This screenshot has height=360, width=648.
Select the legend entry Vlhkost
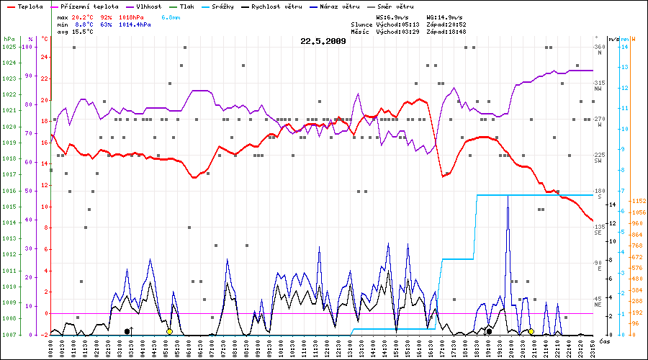click(x=148, y=6)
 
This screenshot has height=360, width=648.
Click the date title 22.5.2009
click(x=323, y=41)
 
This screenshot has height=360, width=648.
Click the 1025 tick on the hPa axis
click(x=9, y=47)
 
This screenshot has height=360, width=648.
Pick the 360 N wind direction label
click(x=599, y=50)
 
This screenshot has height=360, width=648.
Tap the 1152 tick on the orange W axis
click(x=638, y=201)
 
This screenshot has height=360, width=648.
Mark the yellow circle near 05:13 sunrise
click(x=169, y=331)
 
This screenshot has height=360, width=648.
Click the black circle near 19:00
click(x=490, y=331)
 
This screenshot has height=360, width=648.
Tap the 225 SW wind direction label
click(x=599, y=158)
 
